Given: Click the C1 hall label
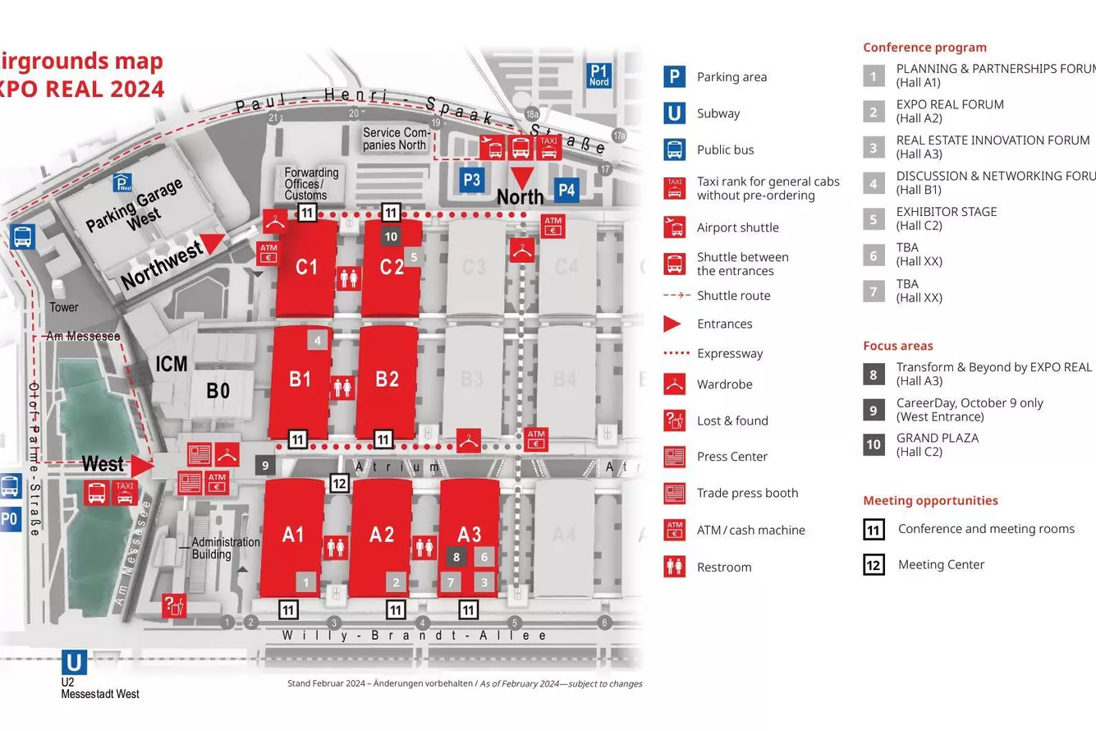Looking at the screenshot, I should click(306, 267).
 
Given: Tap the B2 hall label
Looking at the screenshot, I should click(387, 379).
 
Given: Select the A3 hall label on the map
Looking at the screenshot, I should click(469, 535).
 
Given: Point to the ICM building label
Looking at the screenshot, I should click(172, 363).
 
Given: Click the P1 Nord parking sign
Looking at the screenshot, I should click(599, 76).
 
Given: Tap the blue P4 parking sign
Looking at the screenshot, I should click(566, 191).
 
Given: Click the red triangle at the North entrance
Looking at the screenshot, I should click(521, 177).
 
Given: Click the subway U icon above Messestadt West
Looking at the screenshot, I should click(75, 662).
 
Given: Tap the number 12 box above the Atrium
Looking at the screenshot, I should click(340, 483).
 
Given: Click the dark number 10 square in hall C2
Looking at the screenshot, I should click(392, 237).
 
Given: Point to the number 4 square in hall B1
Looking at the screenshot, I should click(318, 339).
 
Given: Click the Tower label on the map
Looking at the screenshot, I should click(64, 307).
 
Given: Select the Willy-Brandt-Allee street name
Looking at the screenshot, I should click(415, 636).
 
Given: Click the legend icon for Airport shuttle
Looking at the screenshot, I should click(674, 228).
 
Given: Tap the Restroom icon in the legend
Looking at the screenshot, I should click(674, 567).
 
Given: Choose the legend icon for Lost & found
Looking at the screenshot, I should click(674, 421).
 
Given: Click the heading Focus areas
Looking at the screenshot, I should click(898, 346).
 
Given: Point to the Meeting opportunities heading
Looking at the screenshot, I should click(930, 500).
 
